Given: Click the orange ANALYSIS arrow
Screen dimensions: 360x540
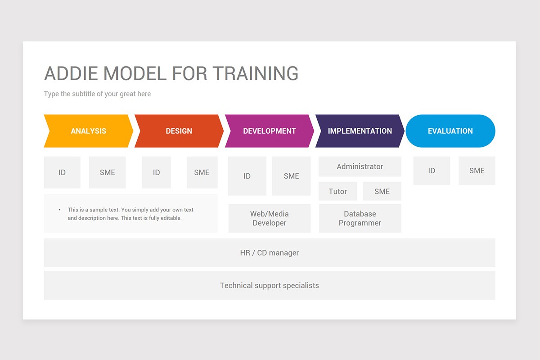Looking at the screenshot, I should pos(89,131).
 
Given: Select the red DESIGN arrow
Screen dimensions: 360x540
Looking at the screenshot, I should pos(179,131).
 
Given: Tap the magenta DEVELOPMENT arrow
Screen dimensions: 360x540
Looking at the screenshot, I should pos(269,131).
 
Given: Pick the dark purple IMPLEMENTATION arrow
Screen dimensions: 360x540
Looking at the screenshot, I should pos(360,131).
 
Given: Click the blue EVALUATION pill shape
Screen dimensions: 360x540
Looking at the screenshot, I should pos(450,131).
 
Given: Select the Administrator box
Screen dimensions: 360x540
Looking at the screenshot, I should pos(360,166).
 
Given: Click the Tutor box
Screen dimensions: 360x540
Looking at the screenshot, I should pos(337,191).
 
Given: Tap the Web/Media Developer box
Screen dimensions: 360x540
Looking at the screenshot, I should pos(269,218).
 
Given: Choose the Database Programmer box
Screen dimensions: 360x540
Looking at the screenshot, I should pos(360,218).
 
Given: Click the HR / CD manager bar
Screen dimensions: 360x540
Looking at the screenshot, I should pos(269,253).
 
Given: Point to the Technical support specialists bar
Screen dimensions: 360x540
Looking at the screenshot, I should pos(269,285).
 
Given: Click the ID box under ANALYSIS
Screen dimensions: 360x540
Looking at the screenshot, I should pos(62,172).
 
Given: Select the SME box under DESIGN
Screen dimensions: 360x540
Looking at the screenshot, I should pos(202,172).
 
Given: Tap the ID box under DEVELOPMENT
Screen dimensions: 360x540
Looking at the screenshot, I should pos(247,176).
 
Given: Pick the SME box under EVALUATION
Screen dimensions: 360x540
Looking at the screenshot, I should pos(477,171).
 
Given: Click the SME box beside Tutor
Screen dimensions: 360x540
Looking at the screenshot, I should pos(382,191).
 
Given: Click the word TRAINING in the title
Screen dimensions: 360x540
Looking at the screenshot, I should pos(255,73).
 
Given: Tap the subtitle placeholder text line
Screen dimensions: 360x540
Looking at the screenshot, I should pos(97,94).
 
